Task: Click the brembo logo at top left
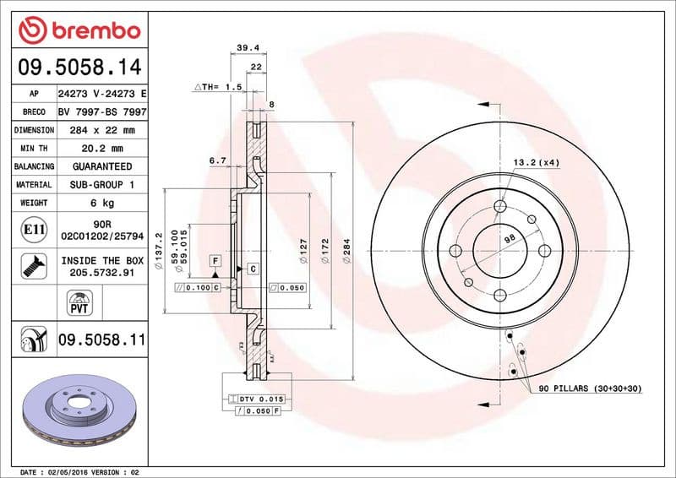[x=79, y=30]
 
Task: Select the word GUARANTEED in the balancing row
[x=101, y=167]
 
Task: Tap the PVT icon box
[x=79, y=301]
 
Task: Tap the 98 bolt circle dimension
[x=510, y=239]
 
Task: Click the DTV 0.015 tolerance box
[x=258, y=398]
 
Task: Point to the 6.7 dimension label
[x=217, y=160]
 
